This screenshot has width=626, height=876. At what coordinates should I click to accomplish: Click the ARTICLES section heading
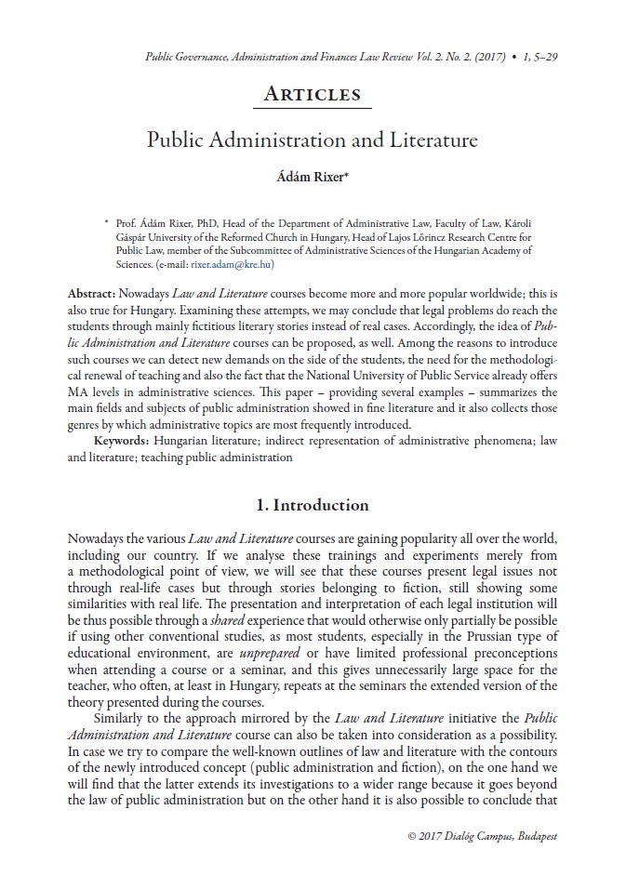point(313,94)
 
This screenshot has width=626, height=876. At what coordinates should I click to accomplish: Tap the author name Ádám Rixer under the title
point(313,176)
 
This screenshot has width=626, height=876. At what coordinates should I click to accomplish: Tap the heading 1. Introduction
point(313,505)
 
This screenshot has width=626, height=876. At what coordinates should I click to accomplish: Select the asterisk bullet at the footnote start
point(107,222)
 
